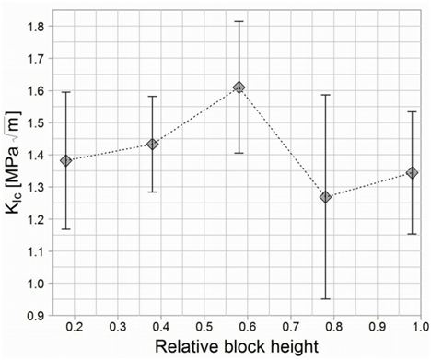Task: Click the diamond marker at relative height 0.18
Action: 65,160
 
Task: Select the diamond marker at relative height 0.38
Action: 152,144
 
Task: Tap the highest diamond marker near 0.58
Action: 239,87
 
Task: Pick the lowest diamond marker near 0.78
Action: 325,197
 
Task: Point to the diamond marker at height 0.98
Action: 412,172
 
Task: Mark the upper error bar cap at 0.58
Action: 239,21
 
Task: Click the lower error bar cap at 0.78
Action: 325,298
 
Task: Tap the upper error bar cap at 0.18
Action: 65,92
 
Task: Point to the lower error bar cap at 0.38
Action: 152,192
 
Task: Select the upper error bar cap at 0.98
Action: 412,111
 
